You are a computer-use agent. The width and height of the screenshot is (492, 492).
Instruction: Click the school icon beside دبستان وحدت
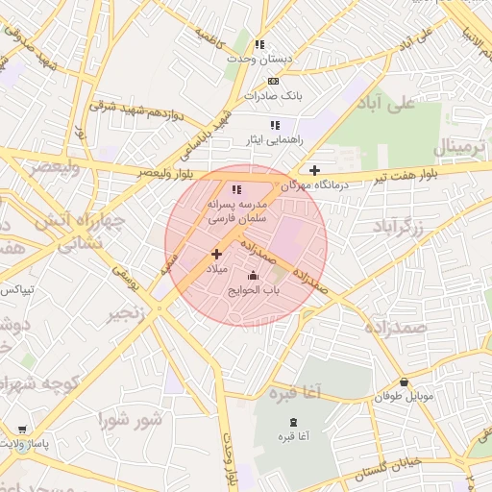click(259, 44)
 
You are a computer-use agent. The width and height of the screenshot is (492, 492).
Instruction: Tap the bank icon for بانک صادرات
click(274, 81)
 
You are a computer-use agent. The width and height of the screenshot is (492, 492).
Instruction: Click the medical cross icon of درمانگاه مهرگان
click(315, 170)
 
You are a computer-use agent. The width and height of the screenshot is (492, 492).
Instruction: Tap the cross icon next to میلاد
click(216, 254)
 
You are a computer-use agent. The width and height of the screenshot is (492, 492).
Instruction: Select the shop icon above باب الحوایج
click(253, 276)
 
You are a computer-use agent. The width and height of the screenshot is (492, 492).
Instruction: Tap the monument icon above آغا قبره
click(293, 423)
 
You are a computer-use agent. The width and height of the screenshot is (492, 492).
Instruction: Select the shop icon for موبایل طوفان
click(404, 381)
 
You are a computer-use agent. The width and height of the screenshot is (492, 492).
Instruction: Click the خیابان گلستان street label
click(389, 471)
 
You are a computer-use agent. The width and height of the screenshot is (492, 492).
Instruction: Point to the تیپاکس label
click(16, 288)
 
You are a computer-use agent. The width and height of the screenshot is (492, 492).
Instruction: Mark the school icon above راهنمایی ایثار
click(275, 125)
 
